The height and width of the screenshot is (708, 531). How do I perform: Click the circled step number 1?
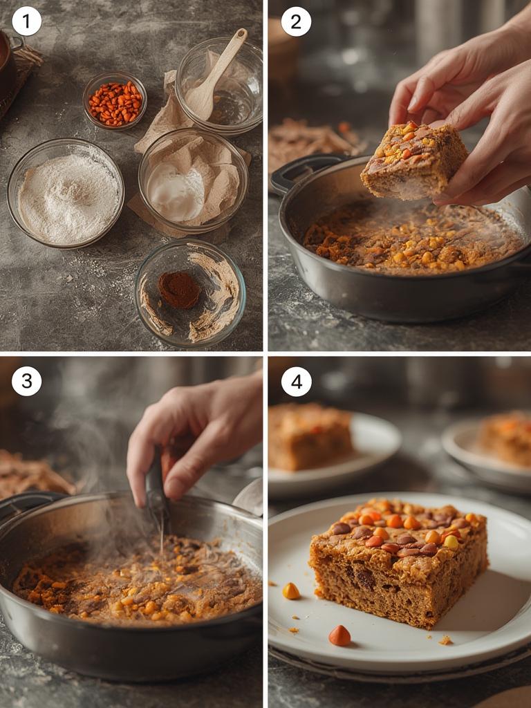[x=26, y=21]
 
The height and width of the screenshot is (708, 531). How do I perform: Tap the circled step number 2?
[x=296, y=21]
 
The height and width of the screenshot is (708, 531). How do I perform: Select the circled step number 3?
[x=26, y=381]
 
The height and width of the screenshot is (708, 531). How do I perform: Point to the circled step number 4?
[x=296, y=381]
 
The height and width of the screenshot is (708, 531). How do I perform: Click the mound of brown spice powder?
[x=179, y=289]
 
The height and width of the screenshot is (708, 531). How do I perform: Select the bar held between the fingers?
[x=413, y=160]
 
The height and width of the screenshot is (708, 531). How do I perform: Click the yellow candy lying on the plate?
[x=291, y=590]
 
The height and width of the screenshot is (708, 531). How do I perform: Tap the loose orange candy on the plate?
[x=339, y=635]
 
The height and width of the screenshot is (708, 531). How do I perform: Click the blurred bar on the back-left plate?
[x=309, y=437]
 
